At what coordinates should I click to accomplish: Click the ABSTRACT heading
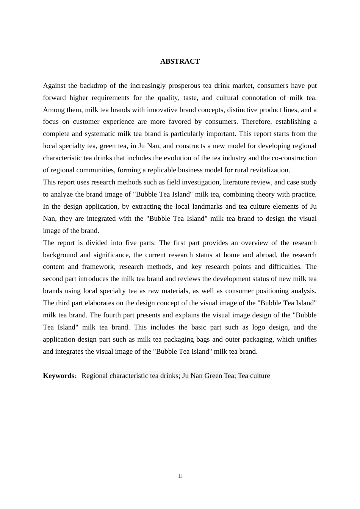(x=180, y=61)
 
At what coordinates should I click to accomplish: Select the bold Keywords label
(x=58, y=376)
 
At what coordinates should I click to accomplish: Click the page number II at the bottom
(x=180, y=476)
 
